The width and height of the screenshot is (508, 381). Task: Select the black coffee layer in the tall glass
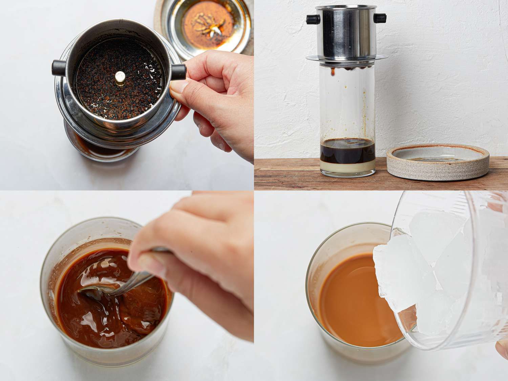[x=347, y=150]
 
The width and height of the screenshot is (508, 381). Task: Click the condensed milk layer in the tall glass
[x=347, y=165]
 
